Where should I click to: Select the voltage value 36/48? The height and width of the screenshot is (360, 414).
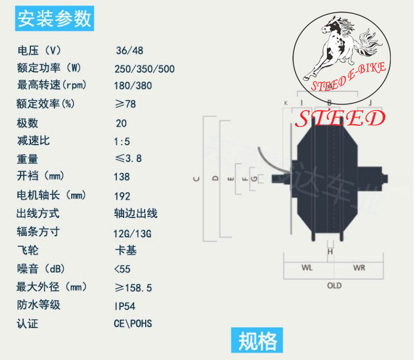coord(129,51)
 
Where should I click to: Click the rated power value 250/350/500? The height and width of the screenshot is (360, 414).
coord(145,69)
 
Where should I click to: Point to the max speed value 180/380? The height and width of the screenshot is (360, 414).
coord(134,86)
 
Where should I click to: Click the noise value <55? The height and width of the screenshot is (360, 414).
coord(124,269)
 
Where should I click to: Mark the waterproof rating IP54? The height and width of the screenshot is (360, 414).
coord(125,306)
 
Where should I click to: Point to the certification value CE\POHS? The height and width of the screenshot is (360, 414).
coord(133,324)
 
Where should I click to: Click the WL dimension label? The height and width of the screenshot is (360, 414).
coord(307,268)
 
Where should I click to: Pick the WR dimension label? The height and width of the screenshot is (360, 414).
coord(359,268)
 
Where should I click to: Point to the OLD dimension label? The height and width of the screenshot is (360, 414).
coord(334,285)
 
